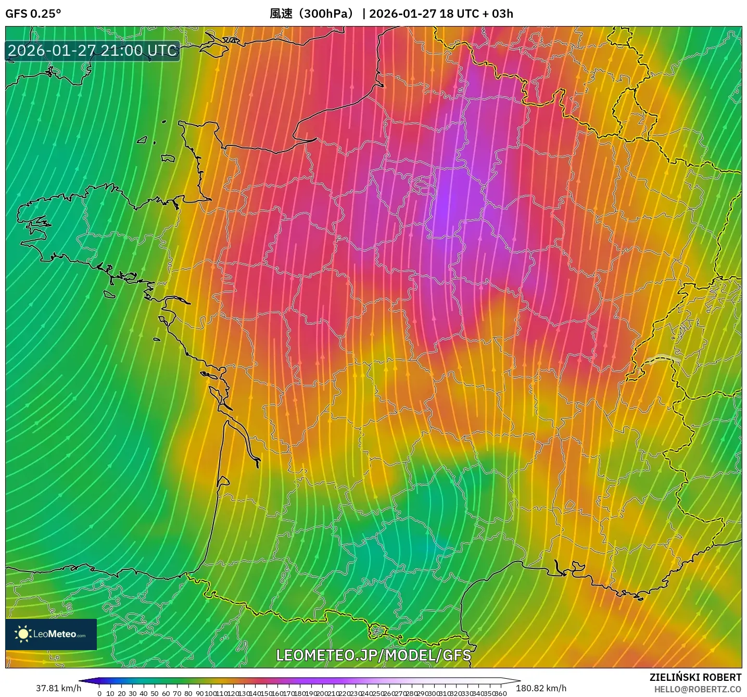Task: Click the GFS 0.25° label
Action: coord(33,14)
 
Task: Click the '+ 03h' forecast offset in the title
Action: coord(498,14)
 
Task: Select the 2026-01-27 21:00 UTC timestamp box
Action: coord(93,51)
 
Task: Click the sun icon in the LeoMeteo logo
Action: coord(23,634)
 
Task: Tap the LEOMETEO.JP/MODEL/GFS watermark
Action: coord(373,655)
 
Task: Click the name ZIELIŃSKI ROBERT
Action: coord(695,677)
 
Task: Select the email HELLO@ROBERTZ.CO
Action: coord(698,689)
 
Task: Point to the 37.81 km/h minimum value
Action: coord(58,688)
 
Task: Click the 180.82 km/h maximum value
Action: coord(541,688)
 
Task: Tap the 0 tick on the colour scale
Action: coord(99,693)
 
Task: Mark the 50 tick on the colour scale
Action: coord(155,693)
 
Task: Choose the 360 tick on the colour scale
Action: coord(501,693)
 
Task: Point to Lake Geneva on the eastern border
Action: coord(662,358)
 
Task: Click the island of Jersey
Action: coord(168,158)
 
